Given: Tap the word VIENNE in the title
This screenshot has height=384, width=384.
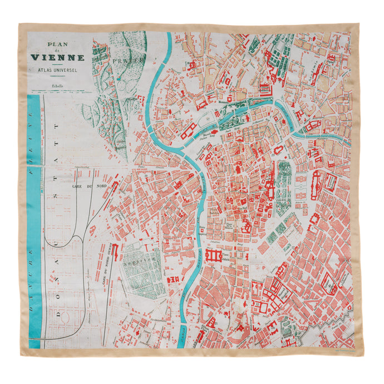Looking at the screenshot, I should [x=57, y=57].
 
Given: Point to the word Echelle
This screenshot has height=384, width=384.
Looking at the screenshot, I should [x=57, y=86].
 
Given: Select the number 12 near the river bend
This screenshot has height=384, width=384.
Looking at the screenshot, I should [x=208, y=119].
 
